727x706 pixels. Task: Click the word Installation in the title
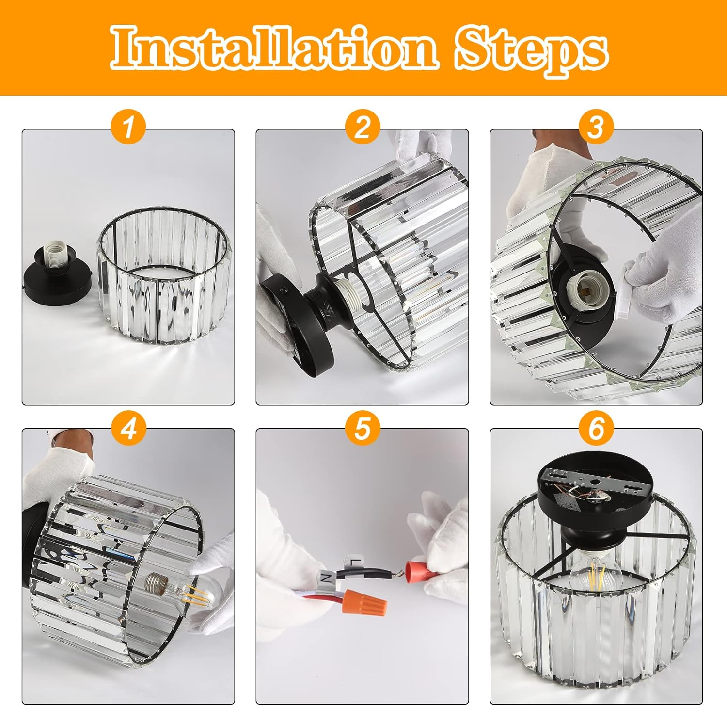tap(274, 48)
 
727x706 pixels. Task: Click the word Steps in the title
tap(531, 50)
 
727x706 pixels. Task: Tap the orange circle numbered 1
tap(128, 127)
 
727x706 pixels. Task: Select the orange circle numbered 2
tap(362, 127)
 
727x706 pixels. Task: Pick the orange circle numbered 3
tap(596, 127)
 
